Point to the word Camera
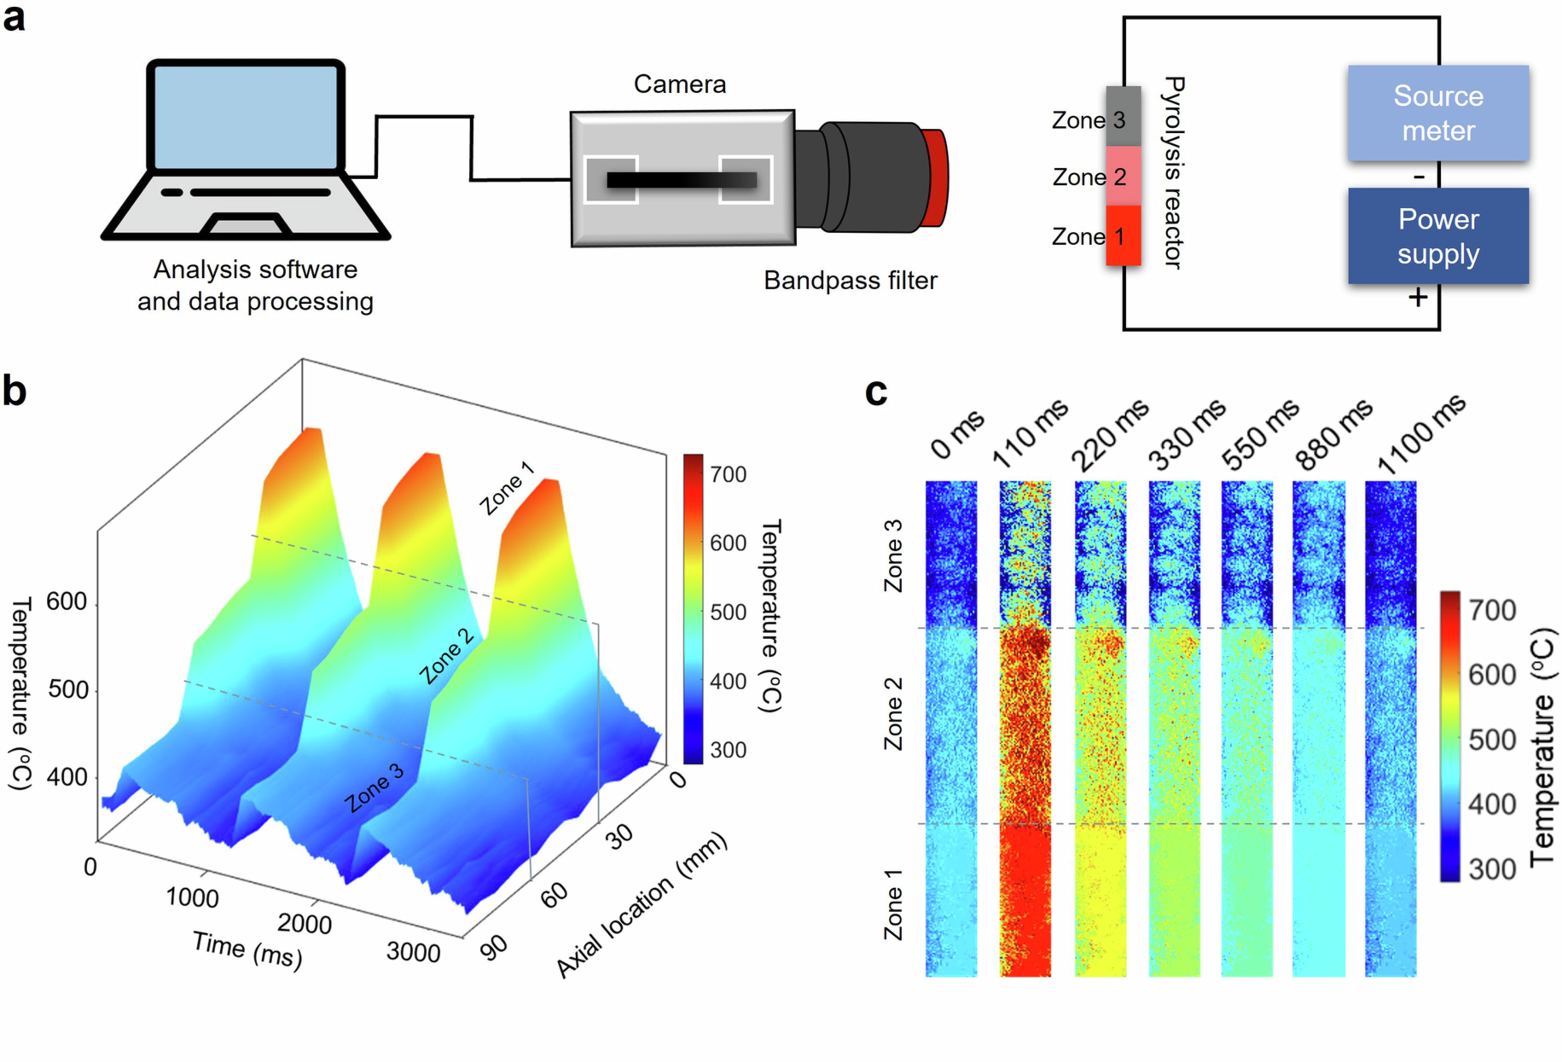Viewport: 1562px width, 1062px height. click(x=679, y=85)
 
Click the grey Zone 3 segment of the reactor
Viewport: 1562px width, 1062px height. click(x=1123, y=116)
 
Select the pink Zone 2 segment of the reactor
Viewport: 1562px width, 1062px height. click(x=1123, y=175)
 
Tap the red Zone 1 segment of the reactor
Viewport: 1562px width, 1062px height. click(x=1123, y=235)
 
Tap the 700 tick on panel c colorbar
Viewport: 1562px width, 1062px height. click(x=1492, y=610)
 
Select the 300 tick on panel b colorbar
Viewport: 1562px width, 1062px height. click(x=728, y=749)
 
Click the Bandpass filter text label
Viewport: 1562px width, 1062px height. click(x=850, y=280)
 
